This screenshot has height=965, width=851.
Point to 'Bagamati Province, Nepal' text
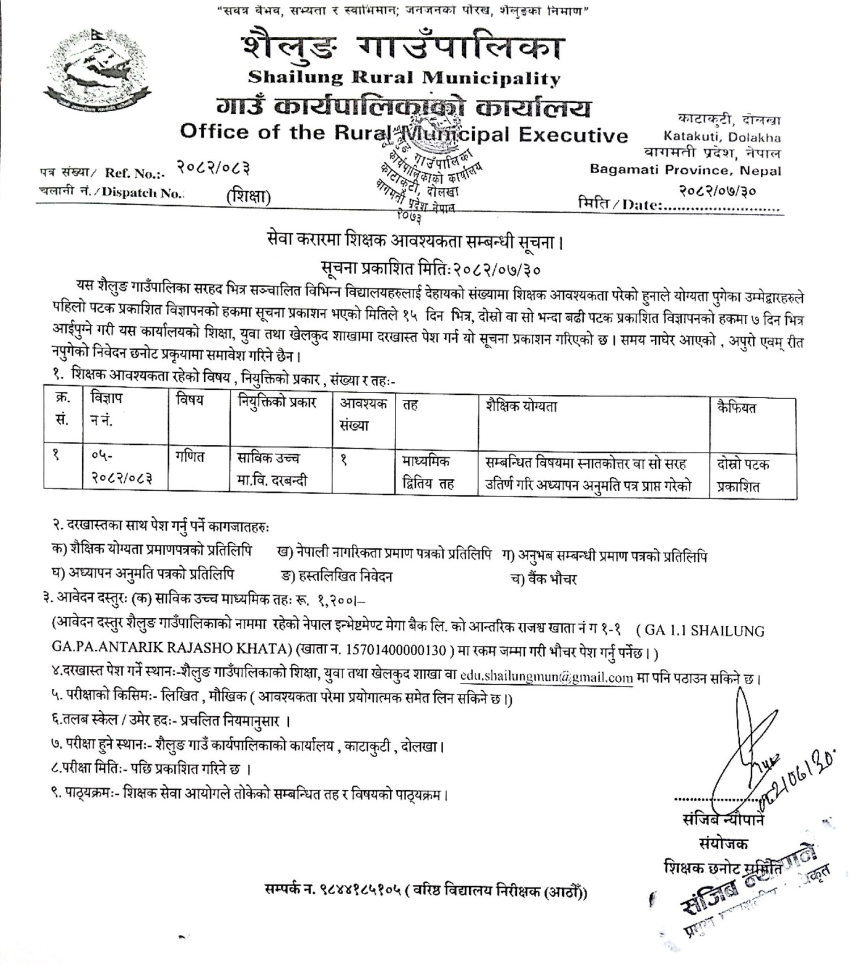[x=685, y=170]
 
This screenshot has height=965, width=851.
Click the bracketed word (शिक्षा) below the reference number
[x=248, y=197]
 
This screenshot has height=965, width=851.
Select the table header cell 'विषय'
[x=190, y=401]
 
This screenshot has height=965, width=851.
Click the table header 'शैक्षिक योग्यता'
[x=521, y=406]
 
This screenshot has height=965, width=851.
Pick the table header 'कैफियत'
[x=736, y=407]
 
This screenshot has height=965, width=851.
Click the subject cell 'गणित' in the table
[x=189, y=456]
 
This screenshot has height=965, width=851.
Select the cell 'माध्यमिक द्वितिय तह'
[x=425, y=473]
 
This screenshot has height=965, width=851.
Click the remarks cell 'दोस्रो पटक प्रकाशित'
[x=743, y=475]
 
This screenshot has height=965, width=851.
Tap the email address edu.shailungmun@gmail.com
[x=546, y=677]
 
